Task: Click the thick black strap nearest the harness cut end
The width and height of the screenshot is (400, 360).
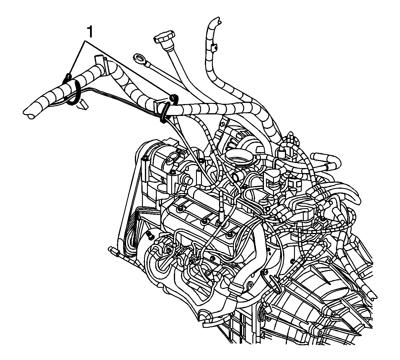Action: (x=74, y=92)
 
